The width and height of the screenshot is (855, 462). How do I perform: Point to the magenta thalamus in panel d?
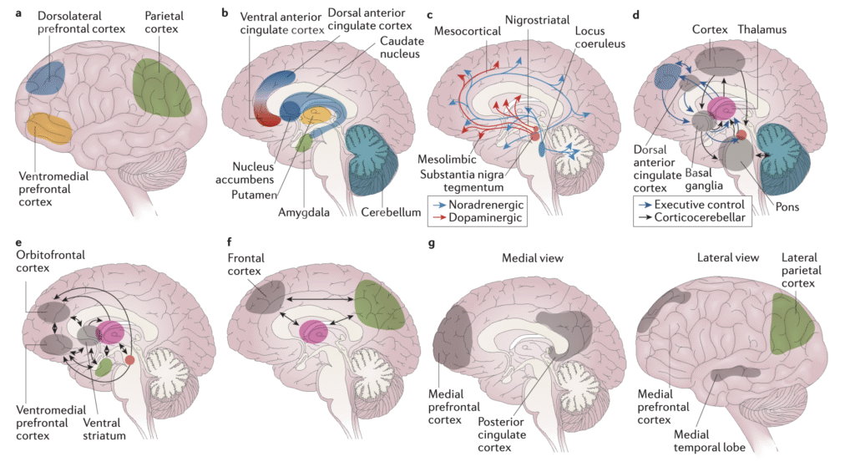[x=721, y=109]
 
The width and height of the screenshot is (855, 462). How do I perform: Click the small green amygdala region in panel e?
[x=104, y=366]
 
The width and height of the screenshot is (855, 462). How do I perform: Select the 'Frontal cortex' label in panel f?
[x=249, y=266]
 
